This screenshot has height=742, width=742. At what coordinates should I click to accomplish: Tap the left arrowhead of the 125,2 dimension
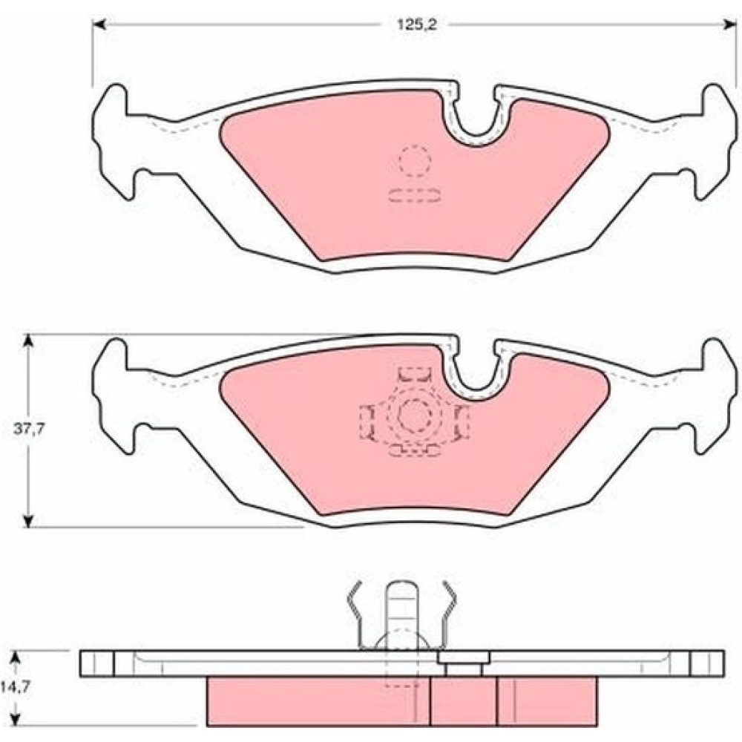coord(99,25)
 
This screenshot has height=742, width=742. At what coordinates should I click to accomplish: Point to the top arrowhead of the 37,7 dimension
coord(29,341)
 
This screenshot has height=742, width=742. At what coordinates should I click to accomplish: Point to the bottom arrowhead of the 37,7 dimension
coord(29,519)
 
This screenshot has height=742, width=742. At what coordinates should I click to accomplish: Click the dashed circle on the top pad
coord(415,161)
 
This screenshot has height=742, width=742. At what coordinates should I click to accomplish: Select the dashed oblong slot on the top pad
coord(415,195)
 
